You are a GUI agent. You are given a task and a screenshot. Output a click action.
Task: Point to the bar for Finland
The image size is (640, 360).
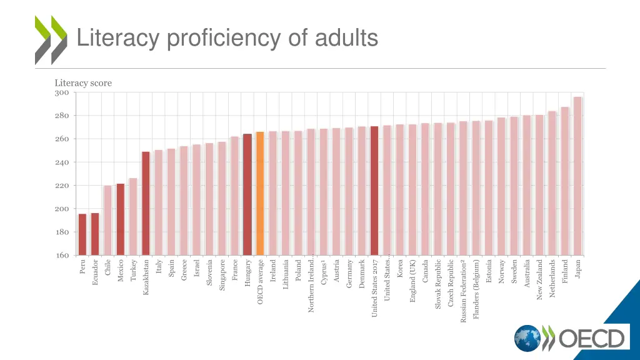565,181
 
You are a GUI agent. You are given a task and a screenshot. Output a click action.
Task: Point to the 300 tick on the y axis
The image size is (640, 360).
62,93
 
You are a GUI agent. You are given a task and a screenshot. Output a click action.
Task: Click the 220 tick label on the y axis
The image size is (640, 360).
62,186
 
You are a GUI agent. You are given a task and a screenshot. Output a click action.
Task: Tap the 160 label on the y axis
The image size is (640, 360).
62,255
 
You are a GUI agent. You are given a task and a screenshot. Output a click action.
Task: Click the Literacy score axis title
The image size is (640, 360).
83,82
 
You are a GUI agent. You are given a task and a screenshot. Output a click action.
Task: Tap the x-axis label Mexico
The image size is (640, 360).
121,269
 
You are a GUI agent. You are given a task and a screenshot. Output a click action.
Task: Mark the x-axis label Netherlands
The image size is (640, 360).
552,279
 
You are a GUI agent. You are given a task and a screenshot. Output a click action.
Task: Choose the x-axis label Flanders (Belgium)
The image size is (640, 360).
476,289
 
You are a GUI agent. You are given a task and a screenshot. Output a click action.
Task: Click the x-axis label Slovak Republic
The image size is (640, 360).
438,284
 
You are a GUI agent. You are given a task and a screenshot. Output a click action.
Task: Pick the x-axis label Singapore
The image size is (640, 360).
222,276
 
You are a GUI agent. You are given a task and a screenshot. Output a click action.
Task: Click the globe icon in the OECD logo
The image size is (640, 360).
527,338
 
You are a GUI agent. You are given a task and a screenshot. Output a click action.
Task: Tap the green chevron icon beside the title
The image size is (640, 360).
51,40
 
